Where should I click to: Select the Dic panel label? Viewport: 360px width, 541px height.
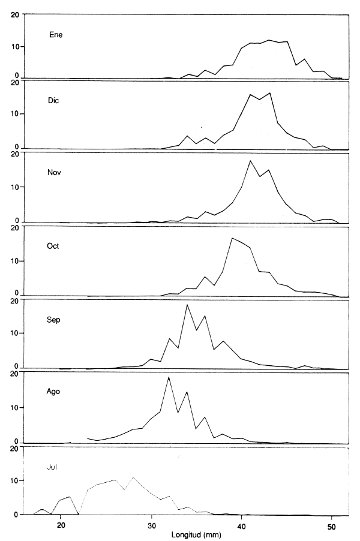(54, 100)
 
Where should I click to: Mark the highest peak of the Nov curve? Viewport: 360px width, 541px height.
(250, 161)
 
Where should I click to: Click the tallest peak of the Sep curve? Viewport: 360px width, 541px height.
(187, 305)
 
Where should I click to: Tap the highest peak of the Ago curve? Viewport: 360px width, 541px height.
(169, 377)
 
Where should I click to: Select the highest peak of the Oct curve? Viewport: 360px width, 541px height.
(232, 238)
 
